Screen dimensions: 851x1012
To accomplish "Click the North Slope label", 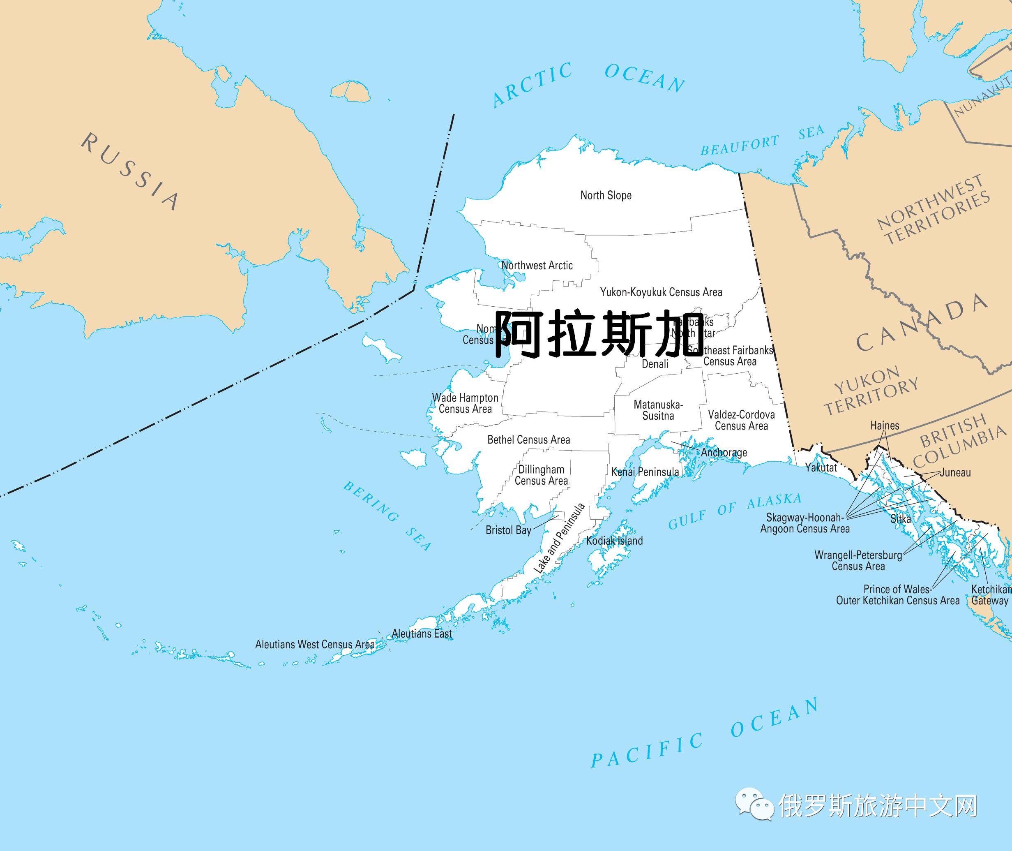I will (606, 195).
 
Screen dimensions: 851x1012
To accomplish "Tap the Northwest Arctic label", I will (537, 265).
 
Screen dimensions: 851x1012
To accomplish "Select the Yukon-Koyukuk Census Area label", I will (661, 292).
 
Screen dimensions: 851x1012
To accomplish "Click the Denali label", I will (655, 364).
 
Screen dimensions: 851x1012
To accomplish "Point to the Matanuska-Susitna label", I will (658, 410).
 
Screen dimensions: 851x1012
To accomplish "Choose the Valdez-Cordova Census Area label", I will (741, 420).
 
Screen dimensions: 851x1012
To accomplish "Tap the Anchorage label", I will (724, 453).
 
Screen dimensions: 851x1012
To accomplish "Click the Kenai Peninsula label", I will (645, 472).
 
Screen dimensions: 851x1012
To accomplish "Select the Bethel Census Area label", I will (528, 439).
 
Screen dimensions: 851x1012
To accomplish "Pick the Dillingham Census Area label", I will (541, 475).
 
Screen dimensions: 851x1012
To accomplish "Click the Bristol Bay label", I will (508, 530).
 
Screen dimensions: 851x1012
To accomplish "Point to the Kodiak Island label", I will (614, 541).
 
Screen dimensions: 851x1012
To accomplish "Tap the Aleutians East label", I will (422, 634).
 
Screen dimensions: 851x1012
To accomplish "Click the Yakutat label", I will (821, 467).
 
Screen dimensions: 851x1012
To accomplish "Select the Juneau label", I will (955, 472).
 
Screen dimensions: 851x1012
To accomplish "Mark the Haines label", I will (885, 425).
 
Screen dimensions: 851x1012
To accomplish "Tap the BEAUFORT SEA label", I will (762, 139).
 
